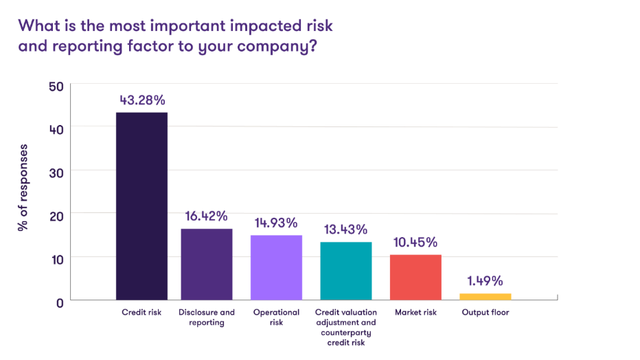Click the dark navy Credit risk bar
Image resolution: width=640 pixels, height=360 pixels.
coord(141,205)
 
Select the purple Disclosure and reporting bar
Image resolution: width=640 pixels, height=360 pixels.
coord(207,264)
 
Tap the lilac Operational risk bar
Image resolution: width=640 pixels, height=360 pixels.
coord(277,267)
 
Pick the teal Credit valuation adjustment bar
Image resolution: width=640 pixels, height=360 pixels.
coord(346,271)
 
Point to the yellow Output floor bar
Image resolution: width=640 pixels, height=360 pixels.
coord(485,296)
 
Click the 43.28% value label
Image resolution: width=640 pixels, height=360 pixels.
coord(142,100)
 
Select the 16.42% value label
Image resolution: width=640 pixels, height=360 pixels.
coord(207,216)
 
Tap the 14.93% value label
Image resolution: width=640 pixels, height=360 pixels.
coord(275,223)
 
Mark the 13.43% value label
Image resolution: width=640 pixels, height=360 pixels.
coord(345,229)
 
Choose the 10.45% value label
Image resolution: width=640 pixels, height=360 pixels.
coord(415,243)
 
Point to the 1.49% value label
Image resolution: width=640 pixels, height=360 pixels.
coord(485,281)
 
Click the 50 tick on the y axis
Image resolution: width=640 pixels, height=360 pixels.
coord(56,85)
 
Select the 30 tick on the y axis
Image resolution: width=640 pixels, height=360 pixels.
coord(56,172)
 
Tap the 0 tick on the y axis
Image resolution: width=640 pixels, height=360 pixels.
coord(60,302)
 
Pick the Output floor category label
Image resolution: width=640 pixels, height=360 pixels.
coord(485,313)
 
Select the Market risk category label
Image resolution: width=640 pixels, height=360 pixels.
coord(415,313)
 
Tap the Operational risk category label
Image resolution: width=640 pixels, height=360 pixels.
coord(277,317)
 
